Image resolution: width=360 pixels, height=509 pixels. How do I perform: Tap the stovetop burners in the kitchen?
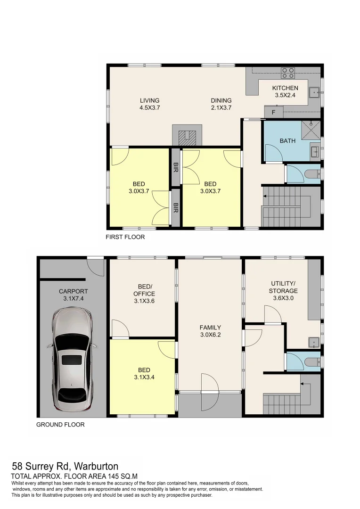click(288, 73)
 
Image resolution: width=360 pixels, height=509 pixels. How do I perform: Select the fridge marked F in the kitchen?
click(273, 113)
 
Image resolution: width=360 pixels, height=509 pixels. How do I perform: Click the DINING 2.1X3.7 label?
click(221, 104)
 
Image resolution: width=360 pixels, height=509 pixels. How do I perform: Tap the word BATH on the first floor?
click(287, 141)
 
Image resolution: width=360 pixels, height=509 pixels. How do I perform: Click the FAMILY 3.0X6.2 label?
click(210, 331)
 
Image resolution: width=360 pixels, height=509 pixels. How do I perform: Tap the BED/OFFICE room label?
click(145, 294)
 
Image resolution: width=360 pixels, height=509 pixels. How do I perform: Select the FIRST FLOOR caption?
click(125, 237)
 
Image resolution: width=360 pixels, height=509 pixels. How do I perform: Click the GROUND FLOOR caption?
click(60, 425)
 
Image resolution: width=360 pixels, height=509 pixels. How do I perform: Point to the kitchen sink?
click(313, 92)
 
